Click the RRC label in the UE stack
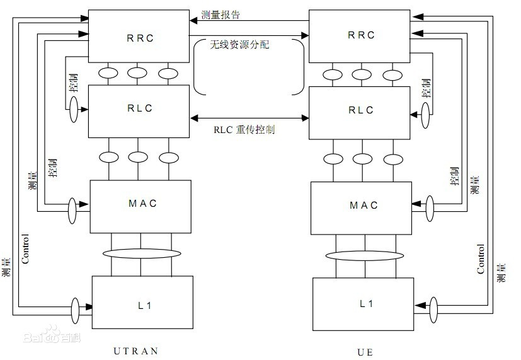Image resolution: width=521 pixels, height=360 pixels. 362,35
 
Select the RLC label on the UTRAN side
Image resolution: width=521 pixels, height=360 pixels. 140,108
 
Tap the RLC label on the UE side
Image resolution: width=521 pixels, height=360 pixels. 362,110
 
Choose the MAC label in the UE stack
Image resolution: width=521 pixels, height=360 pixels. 364,205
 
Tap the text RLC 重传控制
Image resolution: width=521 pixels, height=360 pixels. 244,130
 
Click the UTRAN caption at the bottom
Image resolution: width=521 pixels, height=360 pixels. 136,351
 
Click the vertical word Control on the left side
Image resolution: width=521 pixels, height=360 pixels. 26,248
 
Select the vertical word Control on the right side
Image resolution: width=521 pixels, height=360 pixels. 481,258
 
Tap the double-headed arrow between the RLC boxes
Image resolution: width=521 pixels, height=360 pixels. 249,117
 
